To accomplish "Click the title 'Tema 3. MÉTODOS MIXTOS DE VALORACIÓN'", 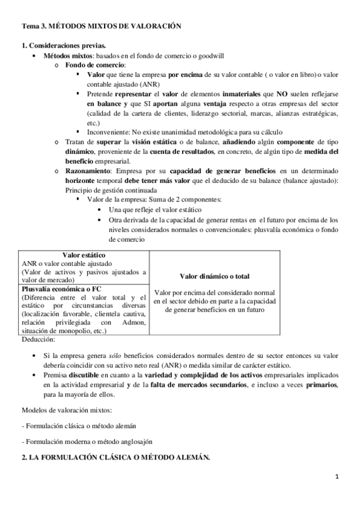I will [101, 27].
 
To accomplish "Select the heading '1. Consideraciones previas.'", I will [64, 46].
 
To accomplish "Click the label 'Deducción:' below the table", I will [39, 339].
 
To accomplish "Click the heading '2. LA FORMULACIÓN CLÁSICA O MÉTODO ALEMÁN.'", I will [115, 458].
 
